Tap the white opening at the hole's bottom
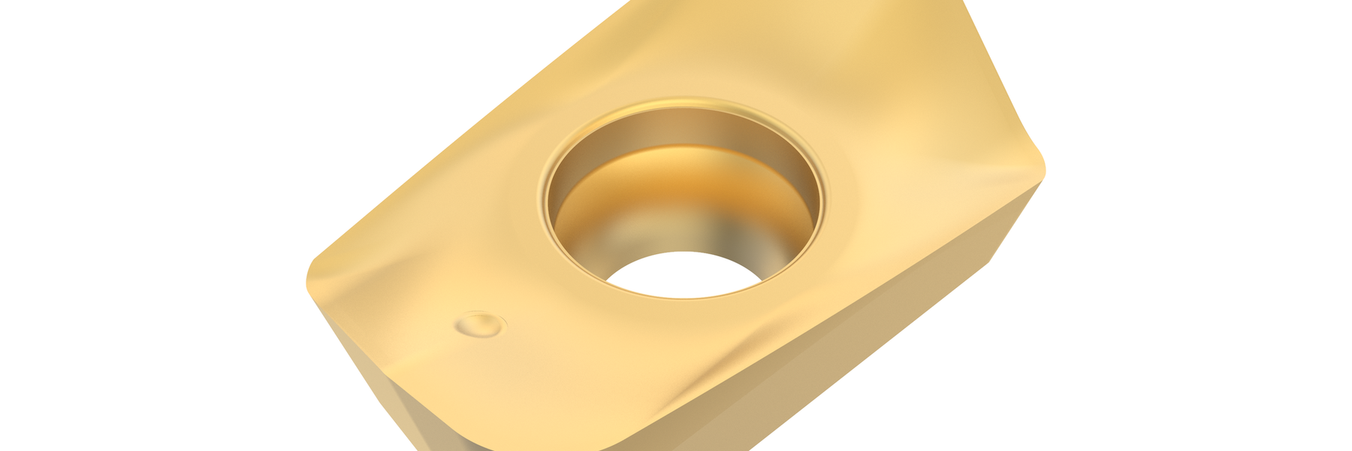[682, 274]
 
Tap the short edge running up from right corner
[999, 83]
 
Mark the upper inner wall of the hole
[684, 128]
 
